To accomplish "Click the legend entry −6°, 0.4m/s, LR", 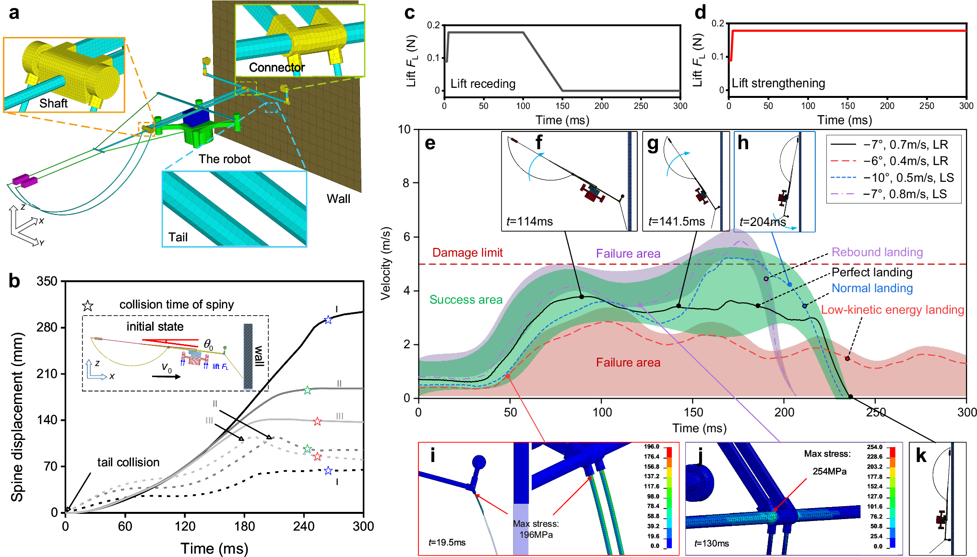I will (905, 161).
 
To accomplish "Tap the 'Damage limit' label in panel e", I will (467, 253).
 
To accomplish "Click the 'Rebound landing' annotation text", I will (877, 252).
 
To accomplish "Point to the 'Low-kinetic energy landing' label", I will (892, 310).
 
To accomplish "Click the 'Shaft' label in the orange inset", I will (53, 104).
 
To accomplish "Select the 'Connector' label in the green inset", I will (276, 68).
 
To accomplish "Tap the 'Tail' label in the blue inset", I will (178, 237).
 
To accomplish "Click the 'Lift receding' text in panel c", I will (482, 84).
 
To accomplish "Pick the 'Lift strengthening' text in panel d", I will (778, 83).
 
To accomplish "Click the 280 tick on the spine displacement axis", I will (47, 328).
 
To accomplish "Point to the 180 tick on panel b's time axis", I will (244, 526).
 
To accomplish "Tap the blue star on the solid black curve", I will (328, 320).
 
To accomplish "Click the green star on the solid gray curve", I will (308, 391).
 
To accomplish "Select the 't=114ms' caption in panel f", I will (529, 222).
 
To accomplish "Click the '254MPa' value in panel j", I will (829, 472).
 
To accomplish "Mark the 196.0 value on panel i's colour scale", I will (652, 447).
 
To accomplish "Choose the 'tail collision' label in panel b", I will (128, 462).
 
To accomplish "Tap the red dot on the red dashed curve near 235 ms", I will (847, 358).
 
